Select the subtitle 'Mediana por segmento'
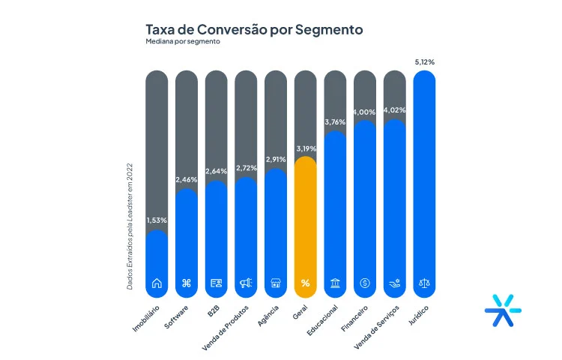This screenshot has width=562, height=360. pyautogui.click(x=184, y=43)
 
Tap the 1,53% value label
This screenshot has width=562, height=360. pyautogui.click(x=157, y=220)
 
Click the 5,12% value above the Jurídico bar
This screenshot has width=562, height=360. pyautogui.click(x=424, y=62)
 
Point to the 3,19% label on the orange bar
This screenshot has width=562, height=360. pyautogui.click(x=305, y=148)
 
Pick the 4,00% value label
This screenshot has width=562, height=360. pyautogui.click(x=365, y=112)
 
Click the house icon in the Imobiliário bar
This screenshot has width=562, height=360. pyautogui.click(x=157, y=283)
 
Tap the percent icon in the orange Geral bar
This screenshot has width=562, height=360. pyautogui.click(x=305, y=283)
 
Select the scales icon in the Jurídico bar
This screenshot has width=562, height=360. pyautogui.click(x=424, y=283)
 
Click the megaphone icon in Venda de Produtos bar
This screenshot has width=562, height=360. pyautogui.click(x=246, y=283)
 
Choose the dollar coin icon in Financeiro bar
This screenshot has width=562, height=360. pyautogui.click(x=365, y=283)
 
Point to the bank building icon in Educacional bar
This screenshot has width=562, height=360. pyautogui.click(x=335, y=283)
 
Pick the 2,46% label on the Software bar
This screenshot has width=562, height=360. pyautogui.click(x=187, y=180)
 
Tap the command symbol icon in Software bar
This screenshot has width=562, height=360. pyautogui.click(x=187, y=283)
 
